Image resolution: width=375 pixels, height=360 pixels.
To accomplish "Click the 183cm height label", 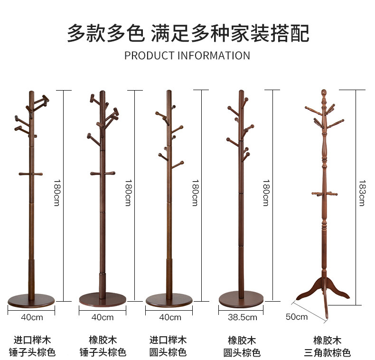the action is (362, 193).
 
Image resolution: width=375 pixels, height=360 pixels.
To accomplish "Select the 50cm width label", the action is (297, 316).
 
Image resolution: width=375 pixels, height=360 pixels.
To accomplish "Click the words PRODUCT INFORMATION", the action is (187, 55).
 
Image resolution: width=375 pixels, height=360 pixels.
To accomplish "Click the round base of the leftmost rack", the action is (31, 300).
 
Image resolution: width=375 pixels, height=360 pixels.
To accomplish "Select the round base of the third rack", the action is (169, 299).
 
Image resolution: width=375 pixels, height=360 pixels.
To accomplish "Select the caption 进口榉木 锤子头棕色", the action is (32, 346).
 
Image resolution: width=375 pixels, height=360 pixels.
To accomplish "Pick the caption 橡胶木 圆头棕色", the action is (242, 346).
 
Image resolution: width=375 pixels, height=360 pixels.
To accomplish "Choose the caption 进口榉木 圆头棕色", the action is (168, 346).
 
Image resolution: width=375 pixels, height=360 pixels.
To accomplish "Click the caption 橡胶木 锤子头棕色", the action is (103, 346).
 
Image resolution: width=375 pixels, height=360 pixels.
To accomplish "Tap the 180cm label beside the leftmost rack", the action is (56, 193).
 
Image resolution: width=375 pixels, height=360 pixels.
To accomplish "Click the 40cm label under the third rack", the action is (170, 317).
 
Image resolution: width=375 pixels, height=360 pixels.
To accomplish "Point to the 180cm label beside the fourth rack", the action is (266, 193).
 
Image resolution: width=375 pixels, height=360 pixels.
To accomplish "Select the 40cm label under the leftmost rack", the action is (32, 317).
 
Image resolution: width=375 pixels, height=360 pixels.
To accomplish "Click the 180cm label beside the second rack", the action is (128, 193).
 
